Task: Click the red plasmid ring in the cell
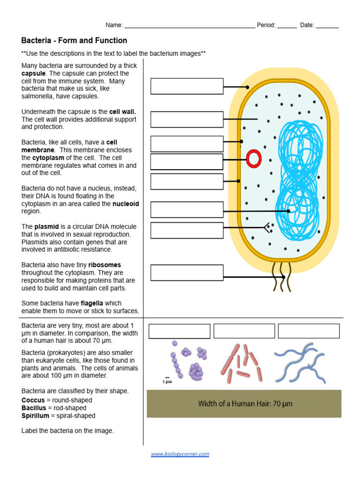[254, 159]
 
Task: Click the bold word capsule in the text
[34, 74]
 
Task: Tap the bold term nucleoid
[126, 204]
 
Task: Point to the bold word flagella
[95, 303]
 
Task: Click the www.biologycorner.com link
[180, 454]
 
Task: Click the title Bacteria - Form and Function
[74, 41]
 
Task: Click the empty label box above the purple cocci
[179, 331]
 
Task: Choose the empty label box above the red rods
[244, 331]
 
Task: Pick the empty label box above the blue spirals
[308, 331]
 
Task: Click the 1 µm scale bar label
[167, 381]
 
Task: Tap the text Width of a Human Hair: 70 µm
[245, 404]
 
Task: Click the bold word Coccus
[33, 400]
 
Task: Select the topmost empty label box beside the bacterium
[187, 86]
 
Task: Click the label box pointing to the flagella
[187, 273]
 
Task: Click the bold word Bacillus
[33, 408]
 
